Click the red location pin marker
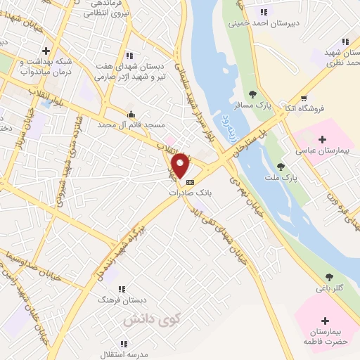tap(180, 165)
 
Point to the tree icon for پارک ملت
tap(281, 167)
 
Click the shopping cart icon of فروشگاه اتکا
tap(303, 98)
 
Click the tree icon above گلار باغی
tap(330, 277)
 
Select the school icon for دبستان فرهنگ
tap(120, 288)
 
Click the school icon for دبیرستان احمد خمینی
tap(264, 11)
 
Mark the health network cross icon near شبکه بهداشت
tap(46, 51)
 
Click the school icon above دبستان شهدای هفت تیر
tap(129, 55)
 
